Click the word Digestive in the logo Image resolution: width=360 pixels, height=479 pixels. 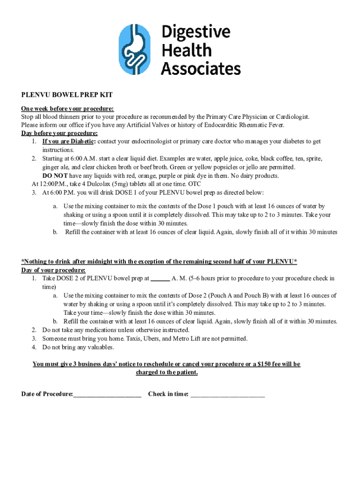click(196, 32)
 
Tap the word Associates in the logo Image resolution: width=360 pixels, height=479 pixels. click(201, 68)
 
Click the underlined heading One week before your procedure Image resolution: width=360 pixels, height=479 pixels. click(67, 109)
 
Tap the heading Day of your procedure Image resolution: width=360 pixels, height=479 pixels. click(53, 270)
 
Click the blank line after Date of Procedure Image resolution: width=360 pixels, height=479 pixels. click(107, 394)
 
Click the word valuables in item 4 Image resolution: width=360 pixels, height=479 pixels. click(100, 347)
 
